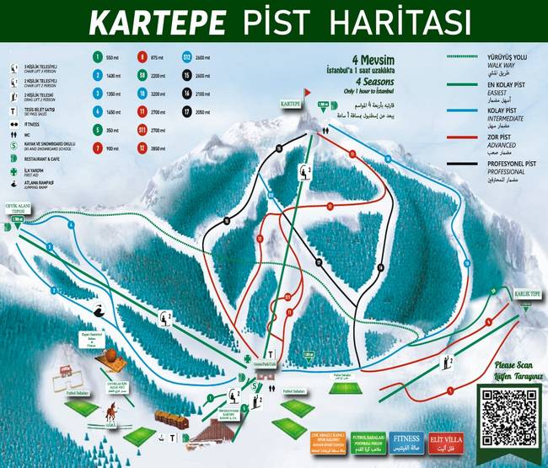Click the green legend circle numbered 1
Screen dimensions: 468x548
[97, 58]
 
